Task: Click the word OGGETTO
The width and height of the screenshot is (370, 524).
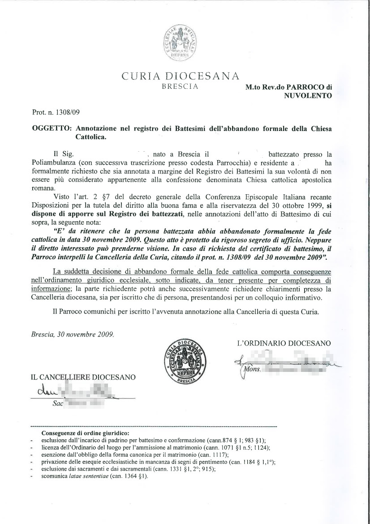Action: coord(51,129)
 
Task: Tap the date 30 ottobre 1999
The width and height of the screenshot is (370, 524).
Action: coord(293,206)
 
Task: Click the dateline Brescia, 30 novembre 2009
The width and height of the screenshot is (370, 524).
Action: coord(73,334)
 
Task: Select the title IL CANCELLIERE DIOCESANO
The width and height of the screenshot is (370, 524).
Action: coord(83,377)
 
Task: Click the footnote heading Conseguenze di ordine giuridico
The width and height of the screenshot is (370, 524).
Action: coord(85,433)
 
